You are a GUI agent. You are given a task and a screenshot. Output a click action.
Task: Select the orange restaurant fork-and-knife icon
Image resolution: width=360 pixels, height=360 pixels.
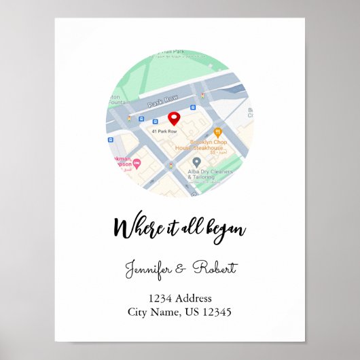(218, 132)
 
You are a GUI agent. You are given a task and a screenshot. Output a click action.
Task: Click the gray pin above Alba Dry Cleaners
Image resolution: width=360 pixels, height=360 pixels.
(196, 162)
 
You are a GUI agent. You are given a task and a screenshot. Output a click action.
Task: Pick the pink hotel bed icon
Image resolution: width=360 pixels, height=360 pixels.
(137, 163)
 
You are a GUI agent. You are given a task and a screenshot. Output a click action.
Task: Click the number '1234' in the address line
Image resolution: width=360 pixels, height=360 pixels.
(161, 298)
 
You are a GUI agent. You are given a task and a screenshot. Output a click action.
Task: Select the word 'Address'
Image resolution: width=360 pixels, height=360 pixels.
(194, 298)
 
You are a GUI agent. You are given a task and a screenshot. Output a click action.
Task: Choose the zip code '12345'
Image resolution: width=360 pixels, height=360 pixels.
(216, 312)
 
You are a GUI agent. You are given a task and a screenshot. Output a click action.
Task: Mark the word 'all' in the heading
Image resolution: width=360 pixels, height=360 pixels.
(187, 227)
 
